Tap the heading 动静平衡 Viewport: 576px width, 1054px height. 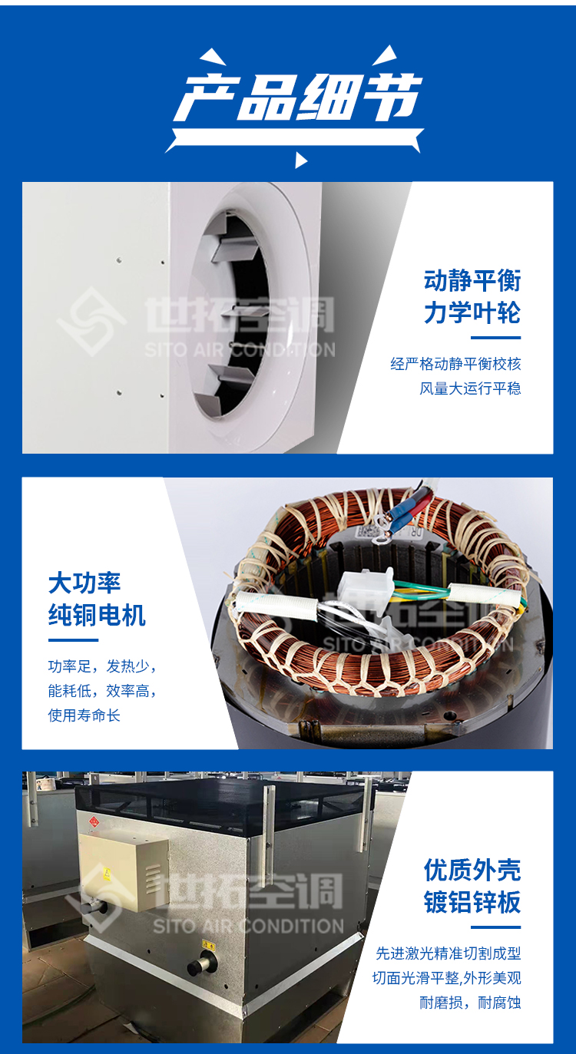pyautogui.click(x=472, y=280)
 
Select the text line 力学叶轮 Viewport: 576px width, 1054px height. pyautogui.click(x=472, y=312)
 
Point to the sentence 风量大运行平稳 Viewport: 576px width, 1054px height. pyautogui.click(x=470, y=388)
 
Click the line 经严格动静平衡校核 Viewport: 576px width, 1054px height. pyautogui.click(x=455, y=364)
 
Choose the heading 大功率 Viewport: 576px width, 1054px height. pyautogui.click(x=84, y=583)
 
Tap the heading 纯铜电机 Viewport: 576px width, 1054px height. pyautogui.click(x=97, y=615)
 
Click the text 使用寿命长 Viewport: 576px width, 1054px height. pyautogui.click(x=84, y=715)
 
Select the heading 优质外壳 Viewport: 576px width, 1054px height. pyautogui.click(x=472, y=870)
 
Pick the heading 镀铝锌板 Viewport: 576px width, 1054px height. pyautogui.click(x=472, y=902)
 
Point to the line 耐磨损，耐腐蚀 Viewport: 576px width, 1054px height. pyautogui.click(x=470, y=1003)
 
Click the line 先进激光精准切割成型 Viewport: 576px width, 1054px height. pyautogui.click(x=448, y=953)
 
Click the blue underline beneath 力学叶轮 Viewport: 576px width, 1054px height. pyautogui.click(x=495, y=337)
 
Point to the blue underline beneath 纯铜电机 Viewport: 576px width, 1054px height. pyautogui.click(x=73, y=639)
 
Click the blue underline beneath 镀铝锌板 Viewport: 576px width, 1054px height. pyautogui.click(x=495, y=927)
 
